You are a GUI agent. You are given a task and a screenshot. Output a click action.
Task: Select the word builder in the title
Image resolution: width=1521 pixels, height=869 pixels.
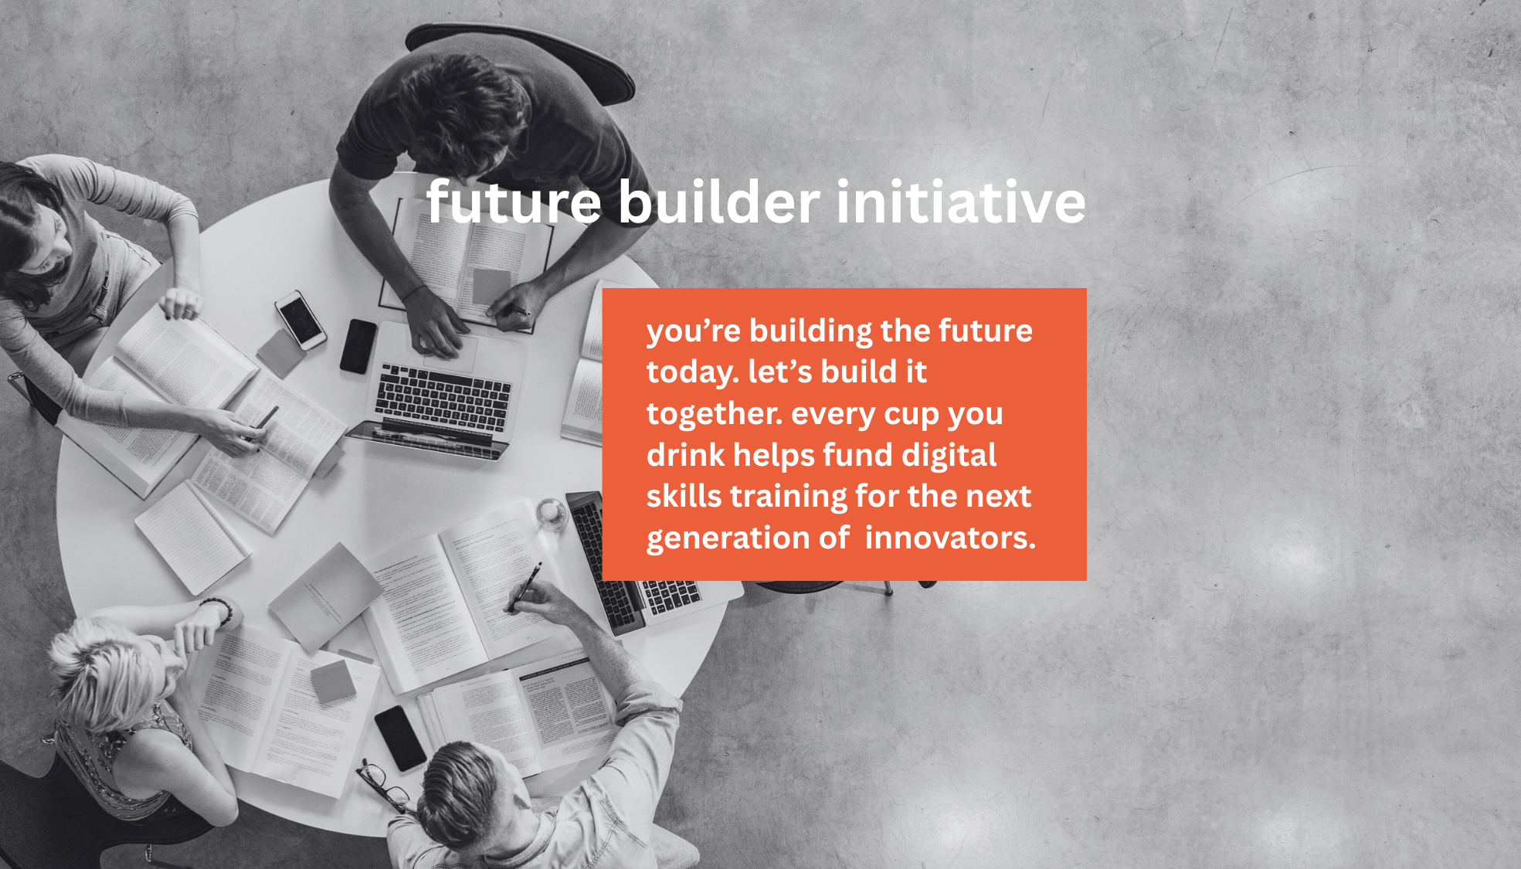pos(718,202)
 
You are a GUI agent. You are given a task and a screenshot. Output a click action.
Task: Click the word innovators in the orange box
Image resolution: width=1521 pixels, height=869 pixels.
pos(950,538)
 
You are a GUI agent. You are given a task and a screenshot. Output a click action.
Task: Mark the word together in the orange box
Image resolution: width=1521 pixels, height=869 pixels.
pos(715,414)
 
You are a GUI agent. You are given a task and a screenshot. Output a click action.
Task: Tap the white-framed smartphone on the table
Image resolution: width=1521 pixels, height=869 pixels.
pos(300,319)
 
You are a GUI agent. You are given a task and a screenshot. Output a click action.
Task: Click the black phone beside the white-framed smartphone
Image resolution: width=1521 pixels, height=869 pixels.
pos(358,347)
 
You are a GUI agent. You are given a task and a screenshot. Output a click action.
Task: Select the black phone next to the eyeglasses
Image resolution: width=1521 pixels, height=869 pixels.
pos(400,738)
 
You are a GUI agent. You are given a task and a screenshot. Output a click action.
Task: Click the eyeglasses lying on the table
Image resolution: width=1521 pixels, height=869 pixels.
pos(383,785)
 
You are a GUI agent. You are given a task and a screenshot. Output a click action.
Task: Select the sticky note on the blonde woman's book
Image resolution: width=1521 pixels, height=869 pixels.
pos(333,681)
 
